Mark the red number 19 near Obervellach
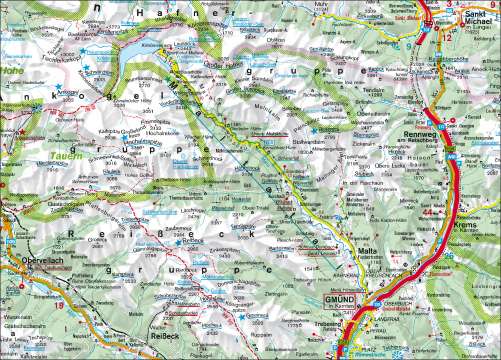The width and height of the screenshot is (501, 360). point(59,305)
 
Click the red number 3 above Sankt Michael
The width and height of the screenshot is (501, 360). point(453,5)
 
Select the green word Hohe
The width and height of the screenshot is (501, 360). point(12,71)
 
